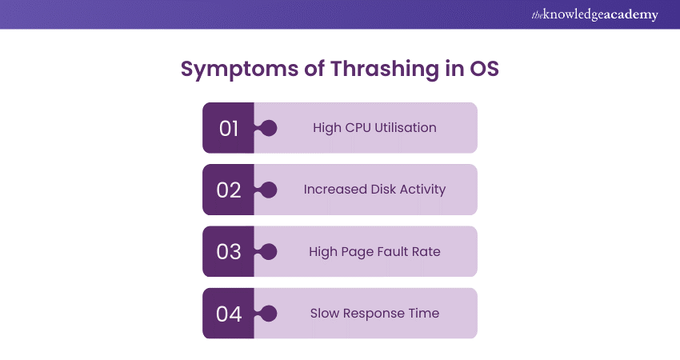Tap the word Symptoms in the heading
[x=239, y=70]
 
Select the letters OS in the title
[x=485, y=69]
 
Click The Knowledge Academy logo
[x=594, y=14]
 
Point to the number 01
[x=229, y=128]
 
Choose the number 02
[x=229, y=190]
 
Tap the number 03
[x=229, y=251]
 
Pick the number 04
[x=229, y=314]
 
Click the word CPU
[x=358, y=127]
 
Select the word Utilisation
[x=406, y=127]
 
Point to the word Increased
[x=335, y=189]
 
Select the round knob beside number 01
[x=269, y=128]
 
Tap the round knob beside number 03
[x=269, y=251]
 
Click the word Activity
[x=423, y=190]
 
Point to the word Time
[x=423, y=313]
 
